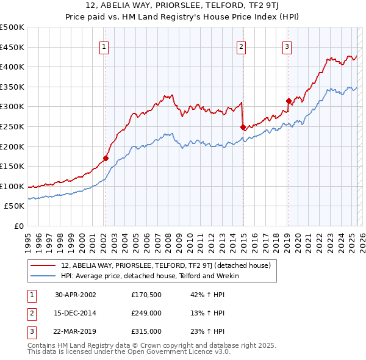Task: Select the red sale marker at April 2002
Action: point(106,158)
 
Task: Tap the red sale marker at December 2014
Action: point(243,127)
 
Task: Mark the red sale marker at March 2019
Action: point(289,101)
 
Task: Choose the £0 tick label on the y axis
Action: point(19,226)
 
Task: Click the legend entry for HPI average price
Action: point(150,276)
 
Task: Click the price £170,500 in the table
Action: point(146,295)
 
